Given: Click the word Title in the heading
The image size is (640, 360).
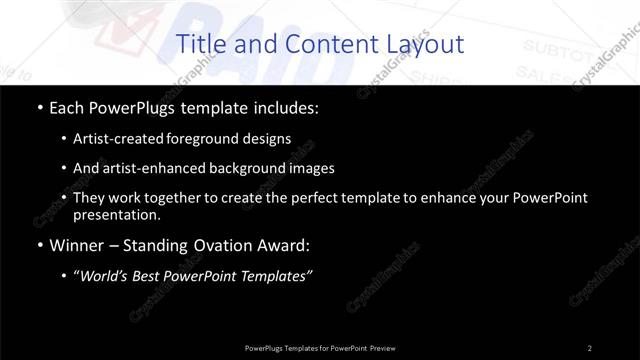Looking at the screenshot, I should tap(199, 44).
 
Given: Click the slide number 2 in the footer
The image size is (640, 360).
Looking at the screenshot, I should tap(589, 347).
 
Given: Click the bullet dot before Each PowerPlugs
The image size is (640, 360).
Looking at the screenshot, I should tap(38, 107).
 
